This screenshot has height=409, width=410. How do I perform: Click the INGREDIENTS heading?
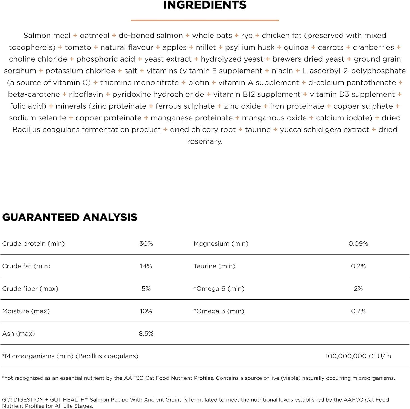click(x=205, y=5)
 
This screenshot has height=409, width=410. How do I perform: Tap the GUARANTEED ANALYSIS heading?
click(x=70, y=217)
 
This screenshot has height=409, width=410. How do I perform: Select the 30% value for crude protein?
click(x=146, y=243)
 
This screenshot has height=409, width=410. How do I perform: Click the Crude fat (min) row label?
click(x=26, y=266)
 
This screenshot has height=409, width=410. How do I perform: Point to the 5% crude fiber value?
click(x=146, y=288)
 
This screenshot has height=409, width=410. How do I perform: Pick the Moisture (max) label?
click(x=26, y=311)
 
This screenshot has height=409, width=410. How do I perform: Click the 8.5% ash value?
click(x=146, y=333)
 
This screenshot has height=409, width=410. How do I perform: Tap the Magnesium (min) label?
click(x=221, y=243)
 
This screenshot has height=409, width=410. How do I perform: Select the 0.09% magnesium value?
click(x=358, y=243)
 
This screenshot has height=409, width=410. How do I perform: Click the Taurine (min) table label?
click(x=214, y=266)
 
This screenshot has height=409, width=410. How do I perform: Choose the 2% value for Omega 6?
click(x=358, y=288)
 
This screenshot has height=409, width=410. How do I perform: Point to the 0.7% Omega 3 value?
click(x=358, y=311)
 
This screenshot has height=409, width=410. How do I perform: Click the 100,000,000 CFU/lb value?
click(x=358, y=356)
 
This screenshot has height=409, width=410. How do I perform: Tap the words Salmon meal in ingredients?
click(x=47, y=36)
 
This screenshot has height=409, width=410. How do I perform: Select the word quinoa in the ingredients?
click(x=296, y=47)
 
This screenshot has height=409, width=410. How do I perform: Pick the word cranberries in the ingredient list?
click(x=373, y=47)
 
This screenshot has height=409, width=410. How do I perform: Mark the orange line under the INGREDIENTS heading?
click(x=205, y=20)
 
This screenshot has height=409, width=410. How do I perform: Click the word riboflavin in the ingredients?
click(x=86, y=94)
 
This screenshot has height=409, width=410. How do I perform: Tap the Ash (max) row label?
click(x=19, y=333)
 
